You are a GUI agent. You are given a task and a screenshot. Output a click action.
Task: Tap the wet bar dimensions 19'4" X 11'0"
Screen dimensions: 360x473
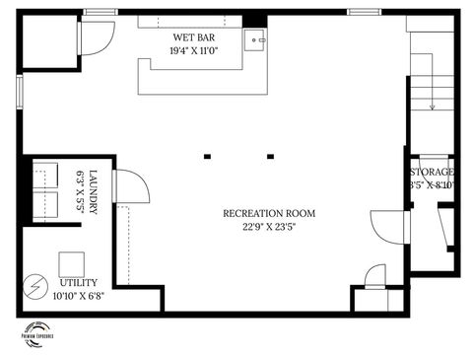[193, 50]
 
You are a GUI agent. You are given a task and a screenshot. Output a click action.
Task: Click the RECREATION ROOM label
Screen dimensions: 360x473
[269, 213]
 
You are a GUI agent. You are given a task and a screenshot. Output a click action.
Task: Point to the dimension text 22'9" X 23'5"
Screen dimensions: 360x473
[269, 227]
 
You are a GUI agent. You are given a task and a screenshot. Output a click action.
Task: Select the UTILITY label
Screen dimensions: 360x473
[78, 283]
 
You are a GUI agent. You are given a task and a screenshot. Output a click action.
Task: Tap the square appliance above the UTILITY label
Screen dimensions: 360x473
[72, 264]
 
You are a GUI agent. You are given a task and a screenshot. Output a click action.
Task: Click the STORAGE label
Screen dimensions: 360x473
[433, 172]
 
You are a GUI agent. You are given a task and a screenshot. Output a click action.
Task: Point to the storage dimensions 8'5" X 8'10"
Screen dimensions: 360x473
[433, 184]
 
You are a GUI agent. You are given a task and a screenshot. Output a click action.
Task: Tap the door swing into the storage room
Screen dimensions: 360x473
[387, 226]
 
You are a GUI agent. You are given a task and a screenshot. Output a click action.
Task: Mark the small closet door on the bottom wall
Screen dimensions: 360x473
[375, 277]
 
